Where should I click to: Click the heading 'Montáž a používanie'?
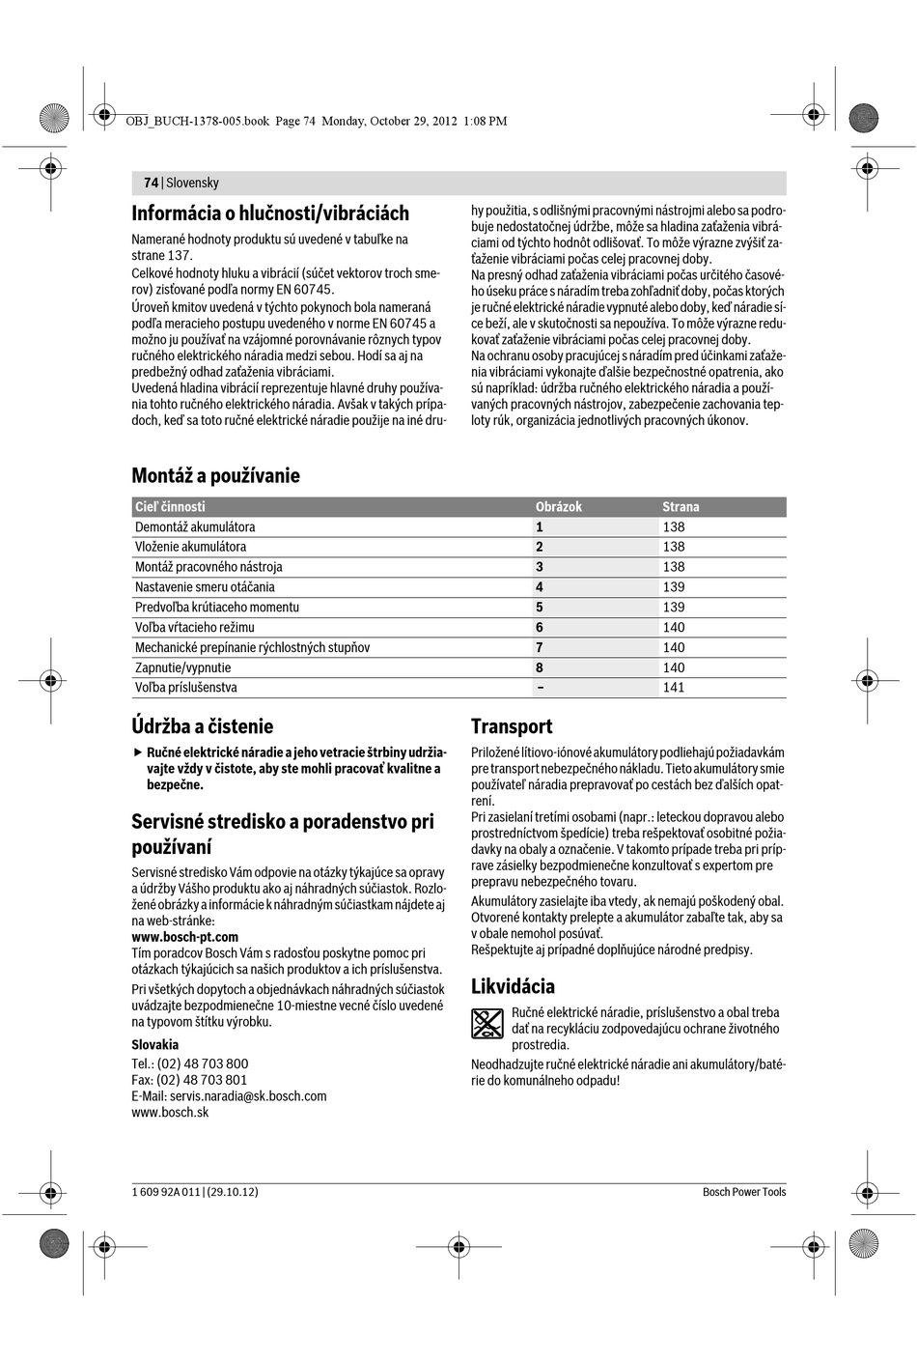pos(215,475)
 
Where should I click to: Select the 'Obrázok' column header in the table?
pos(559,506)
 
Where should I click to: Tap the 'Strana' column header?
pos(681,506)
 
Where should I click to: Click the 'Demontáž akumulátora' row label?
pos(195,526)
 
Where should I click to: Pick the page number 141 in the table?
pos(674,688)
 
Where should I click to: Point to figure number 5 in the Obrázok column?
pos(540,607)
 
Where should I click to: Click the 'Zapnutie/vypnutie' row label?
pos(182,667)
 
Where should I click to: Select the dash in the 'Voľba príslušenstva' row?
pos(540,688)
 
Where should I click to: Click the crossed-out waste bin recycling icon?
pos(487,1023)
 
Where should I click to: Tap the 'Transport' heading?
pos(512,726)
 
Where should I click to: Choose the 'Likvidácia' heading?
pos(513,986)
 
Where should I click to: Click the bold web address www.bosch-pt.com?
pos(184,937)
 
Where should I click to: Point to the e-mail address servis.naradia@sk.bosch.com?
pos(248,1095)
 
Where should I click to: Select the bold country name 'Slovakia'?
pos(154,1044)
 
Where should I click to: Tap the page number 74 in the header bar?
pos(151,183)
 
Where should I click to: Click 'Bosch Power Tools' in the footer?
pos(743,1192)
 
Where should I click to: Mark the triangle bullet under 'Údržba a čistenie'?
pos(137,752)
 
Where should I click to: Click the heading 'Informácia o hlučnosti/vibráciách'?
pos(270,213)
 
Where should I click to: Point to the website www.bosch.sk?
pos(170,1112)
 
